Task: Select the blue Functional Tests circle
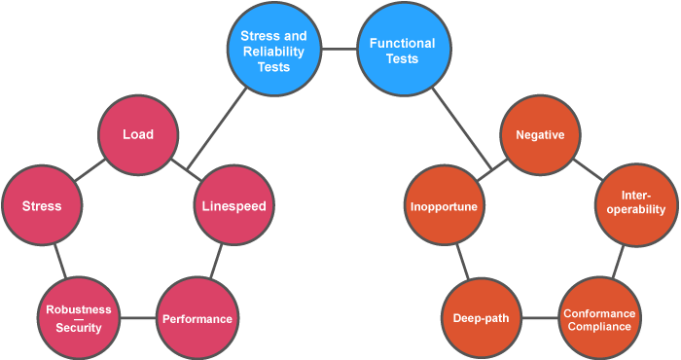tap(401, 50)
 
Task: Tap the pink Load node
tap(137, 135)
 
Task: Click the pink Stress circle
tap(42, 205)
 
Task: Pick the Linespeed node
tap(233, 205)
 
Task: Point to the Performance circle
tap(197, 318)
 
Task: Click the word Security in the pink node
tap(79, 328)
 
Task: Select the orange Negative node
tap(540, 135)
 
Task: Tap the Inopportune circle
tap(443, 205)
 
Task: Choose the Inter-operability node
tap(634, 205)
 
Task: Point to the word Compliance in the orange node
tap(599, 327)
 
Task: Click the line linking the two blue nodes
tap(340, 49)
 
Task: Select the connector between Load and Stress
tap(89, 169)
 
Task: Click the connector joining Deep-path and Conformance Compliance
tap(540, 318)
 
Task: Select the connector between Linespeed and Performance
tap(217, 260)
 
